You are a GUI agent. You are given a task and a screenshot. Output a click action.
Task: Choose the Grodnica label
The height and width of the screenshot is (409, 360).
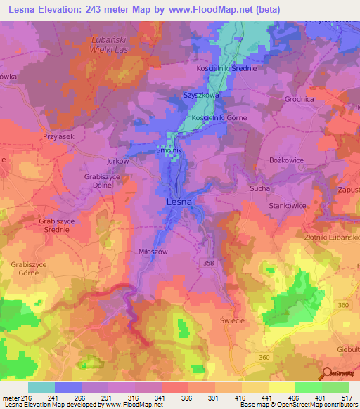[x=298, y=99]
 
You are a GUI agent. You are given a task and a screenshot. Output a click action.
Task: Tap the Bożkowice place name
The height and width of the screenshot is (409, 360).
[x=286, y=160]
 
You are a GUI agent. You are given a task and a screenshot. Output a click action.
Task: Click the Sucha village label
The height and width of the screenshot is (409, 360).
[x=260, y=189]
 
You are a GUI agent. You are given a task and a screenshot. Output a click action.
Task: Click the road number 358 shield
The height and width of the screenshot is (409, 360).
[x=226, y=262]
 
